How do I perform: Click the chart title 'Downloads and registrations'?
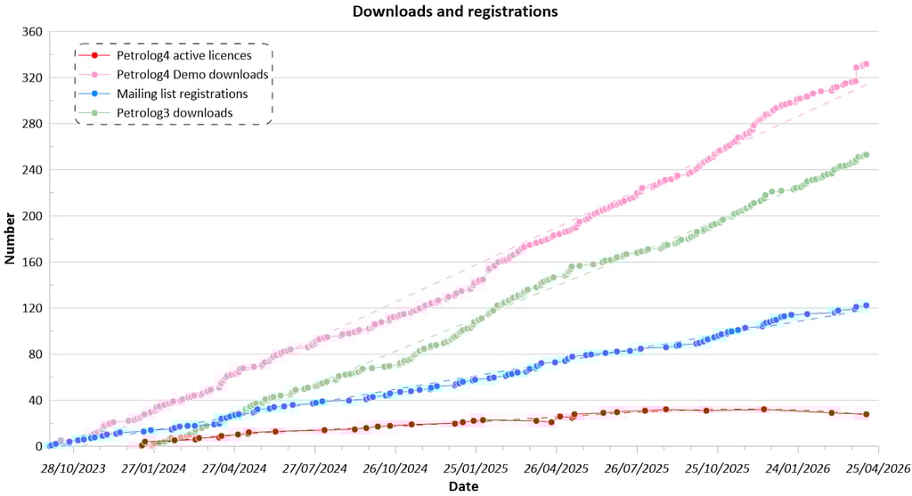pyautogui.click(x=455, y=12)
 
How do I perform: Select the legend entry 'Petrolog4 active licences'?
pyautogui.click(x=183, y=55)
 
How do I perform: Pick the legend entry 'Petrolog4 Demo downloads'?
pyautogui.click(x=192, y=74)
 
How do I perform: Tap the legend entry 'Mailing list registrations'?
pyautogui.click(x=182, y=94)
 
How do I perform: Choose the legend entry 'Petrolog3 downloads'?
pyautogui.click(x=175, y=112)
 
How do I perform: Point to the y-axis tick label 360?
pyautogui.click(x=32, y=32)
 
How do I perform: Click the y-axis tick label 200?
pyautogui.click(x=32, y=216)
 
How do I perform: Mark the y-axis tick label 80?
pyautogui.click(x=36, y=354)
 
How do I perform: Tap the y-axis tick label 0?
pyautogui.click(x=39, y=446)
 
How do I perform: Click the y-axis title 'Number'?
pyautogui.click(x=11, y=239)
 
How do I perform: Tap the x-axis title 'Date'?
pyautogui.click(x=463, y=487)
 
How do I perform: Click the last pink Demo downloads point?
pyautogui.click(x=866, y=64)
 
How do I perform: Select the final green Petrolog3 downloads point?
pyautogui.click(x=866, y=154)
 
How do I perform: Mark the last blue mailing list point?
pyautogui.click(x=866, y=305)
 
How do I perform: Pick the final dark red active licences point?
pyautogui.click(x=866, y=414)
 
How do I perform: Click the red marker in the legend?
pyautogui.click(x=94, y=55)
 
